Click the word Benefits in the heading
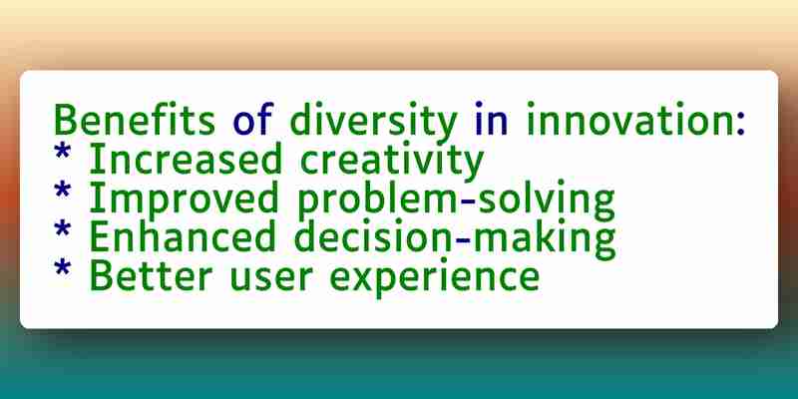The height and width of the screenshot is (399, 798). pyautogui.click(x=135, y=119)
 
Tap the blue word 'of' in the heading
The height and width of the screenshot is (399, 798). pyautogui.click(x=253, y=119)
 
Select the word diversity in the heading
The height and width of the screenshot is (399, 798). pyautogui.click(x=373, y=122)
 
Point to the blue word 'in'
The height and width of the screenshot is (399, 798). pyautogui.click(x=491, y=120)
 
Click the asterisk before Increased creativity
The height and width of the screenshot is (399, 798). pyautogui.click(x=63, y=152)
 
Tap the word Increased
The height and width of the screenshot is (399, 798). pyautogui.click(x=186, y=159)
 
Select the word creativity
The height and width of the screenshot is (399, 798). pyautogui.click(x=391, y=162)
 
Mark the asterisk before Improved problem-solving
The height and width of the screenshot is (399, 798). pyautogui.click(x=63, y=191)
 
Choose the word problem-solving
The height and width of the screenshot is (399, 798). pyautogui.click(x=456, y=201)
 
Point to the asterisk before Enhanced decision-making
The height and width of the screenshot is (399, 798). pyautogui.click(x=63, y=229)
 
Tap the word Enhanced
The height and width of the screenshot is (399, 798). pyautogui.click(x=183, y=236)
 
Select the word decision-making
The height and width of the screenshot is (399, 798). pyautogui.click(x=455, y=239)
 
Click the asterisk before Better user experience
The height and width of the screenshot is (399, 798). pyautogui.click(x=63, y=267)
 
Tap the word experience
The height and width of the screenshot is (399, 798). pyautogui.click(x=435, y=279)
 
